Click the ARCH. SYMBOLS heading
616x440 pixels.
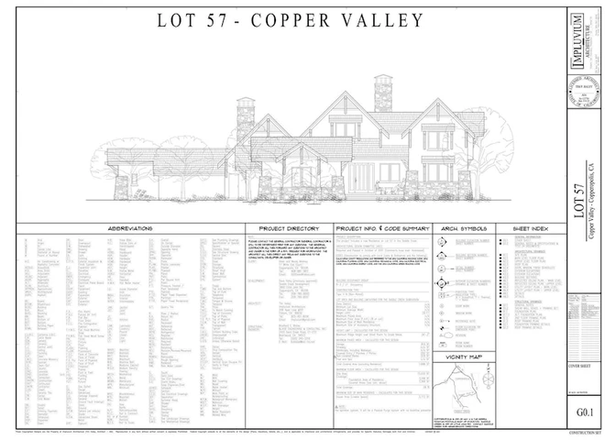pyautogui.click(x=464, y=227)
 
